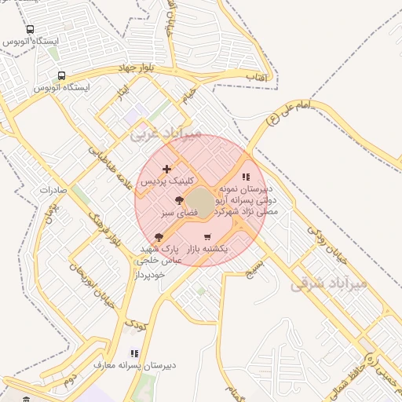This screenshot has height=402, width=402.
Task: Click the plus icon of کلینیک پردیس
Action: [x=166, y=169]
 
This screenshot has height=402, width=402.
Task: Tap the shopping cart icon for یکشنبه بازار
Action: [x=207, y=237]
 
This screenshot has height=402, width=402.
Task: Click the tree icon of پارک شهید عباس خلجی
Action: [x=159, y=236]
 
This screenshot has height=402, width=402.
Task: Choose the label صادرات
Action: [x=56, y=191]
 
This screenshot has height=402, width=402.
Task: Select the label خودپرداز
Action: [x=148, y=275]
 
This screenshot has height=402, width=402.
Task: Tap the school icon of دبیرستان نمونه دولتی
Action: [x=246, y=177]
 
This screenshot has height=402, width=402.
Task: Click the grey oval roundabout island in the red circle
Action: [x=202, y=203]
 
